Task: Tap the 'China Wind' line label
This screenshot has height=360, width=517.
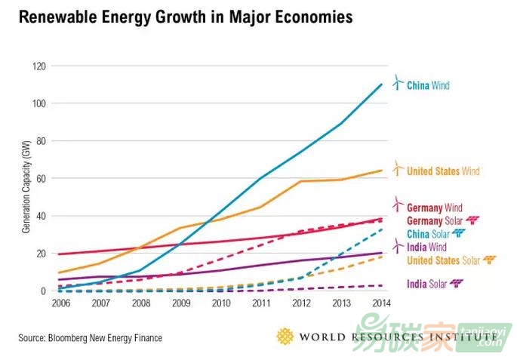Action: click(428, 85)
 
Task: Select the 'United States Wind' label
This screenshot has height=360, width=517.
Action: click(443, 171)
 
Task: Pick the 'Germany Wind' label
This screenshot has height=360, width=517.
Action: click(434, 208)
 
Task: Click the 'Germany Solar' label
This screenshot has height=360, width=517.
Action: click(434, 220)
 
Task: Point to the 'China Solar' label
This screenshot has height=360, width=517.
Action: click(428, 234)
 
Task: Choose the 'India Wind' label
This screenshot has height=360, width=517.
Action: click(427, 247)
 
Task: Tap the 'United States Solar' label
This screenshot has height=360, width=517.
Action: click(443, 260)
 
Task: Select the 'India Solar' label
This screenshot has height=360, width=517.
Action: click(426, 284)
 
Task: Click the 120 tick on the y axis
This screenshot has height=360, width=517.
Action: click(38, 66)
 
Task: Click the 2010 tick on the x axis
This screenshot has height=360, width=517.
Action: click(220, 303)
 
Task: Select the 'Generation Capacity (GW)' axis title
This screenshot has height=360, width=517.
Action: click(25, 178)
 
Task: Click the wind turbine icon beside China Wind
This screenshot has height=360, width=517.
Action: click(398, 83)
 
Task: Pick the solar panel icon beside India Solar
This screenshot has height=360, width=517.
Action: click(456, 284)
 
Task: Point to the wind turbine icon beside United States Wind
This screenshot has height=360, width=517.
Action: click(398, 169)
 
